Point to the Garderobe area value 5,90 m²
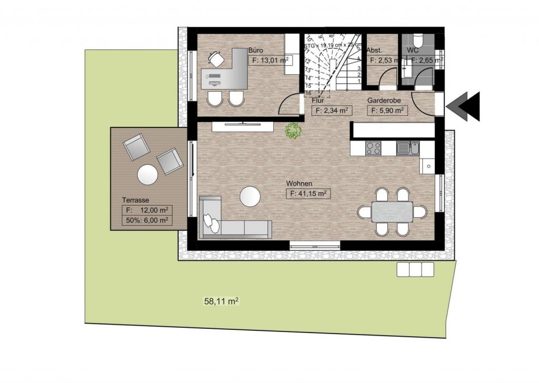click(387, 111)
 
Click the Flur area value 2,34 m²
click(332, 111)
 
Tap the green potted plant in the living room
click(292, 131)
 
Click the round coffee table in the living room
click(250, 197)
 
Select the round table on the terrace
click(147, 175)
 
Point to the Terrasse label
click(136, 200)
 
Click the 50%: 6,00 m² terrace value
click(147, 221)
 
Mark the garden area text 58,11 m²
click(221, 302)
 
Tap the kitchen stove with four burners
click(374, 149)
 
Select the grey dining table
click(393, 212)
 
